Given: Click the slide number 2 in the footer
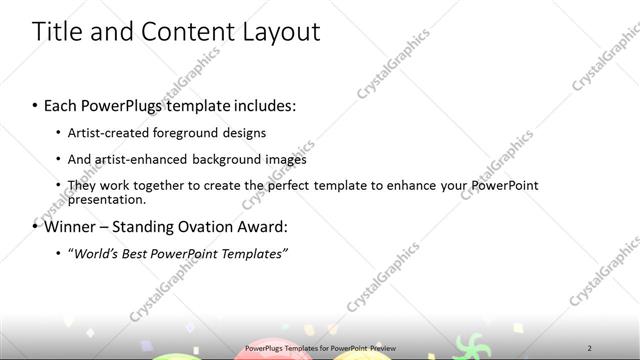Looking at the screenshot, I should [589, 348].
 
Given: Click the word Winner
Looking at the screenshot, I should [69, 226].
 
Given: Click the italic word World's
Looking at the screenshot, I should [94, 253].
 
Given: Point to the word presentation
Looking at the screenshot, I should [101, 198].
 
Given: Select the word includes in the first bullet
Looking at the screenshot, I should [266, 105].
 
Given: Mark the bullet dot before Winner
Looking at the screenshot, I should [36, 226].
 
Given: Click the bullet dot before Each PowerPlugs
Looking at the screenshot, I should [36, 105].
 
